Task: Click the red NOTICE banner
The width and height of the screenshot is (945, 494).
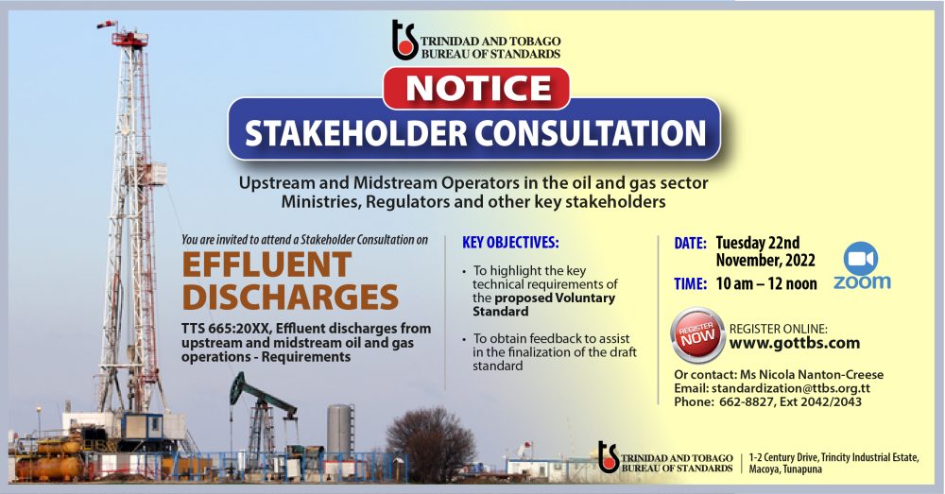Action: coord(475,88)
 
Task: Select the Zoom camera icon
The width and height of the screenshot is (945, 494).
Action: coord(860,258)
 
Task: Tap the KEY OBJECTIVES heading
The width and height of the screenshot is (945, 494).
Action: coord(511,242)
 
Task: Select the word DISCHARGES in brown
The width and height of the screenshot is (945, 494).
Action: coord(290,298)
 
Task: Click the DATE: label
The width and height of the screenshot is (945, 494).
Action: coord(690,244)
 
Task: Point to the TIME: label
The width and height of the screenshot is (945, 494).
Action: coord(690,283)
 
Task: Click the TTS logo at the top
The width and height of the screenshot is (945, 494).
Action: coord(404,40)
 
